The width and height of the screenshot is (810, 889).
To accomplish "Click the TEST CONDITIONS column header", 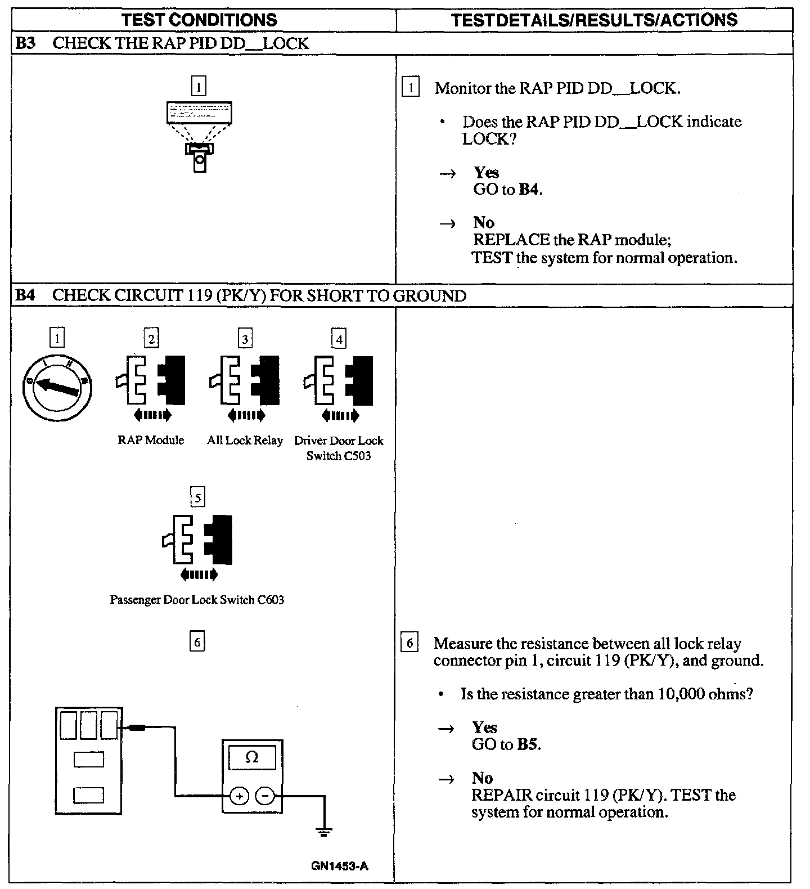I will (200, 20).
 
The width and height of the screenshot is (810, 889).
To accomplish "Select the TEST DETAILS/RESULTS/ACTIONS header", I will (594, 20).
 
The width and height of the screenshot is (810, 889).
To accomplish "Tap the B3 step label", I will (25, 43).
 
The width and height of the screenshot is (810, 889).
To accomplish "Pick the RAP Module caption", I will (151, 440).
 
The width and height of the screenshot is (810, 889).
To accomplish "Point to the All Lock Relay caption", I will (245, 440).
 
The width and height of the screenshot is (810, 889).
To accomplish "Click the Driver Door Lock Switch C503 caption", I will (339, 448).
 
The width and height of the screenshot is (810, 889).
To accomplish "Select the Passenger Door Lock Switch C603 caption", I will (197, 600).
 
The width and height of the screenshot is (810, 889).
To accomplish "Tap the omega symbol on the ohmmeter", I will (252, 757).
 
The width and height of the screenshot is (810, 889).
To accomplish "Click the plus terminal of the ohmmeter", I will (240, 796).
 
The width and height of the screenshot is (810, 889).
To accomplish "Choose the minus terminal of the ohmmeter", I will (265, 796).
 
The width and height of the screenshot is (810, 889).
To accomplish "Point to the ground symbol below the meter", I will (324, 831).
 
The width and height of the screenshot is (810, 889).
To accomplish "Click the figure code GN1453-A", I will (339, 866).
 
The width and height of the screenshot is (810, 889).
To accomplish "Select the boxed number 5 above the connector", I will (197, 498).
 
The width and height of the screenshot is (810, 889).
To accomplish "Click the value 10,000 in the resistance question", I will (681, 694).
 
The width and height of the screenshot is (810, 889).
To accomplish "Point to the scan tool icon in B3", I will (199, 135).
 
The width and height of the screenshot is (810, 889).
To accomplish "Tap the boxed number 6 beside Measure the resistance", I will (409, 643).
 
